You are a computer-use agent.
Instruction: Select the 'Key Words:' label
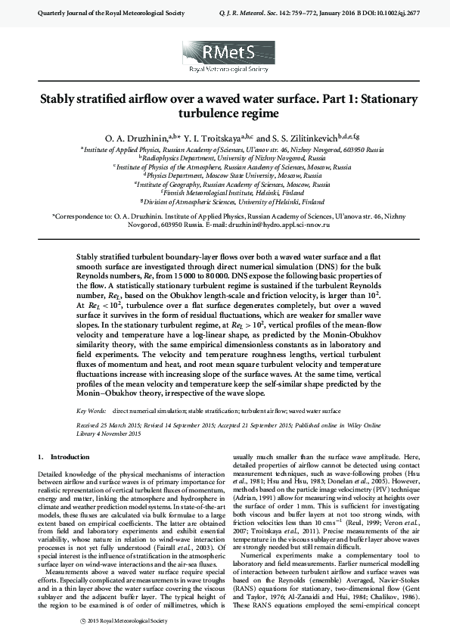pyautogui.click(x=92, y=411)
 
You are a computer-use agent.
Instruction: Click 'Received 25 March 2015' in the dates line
pyautogui.click(x=113, y=426)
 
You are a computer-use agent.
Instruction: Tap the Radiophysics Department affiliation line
pyautogui.click(x=225, y=158)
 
